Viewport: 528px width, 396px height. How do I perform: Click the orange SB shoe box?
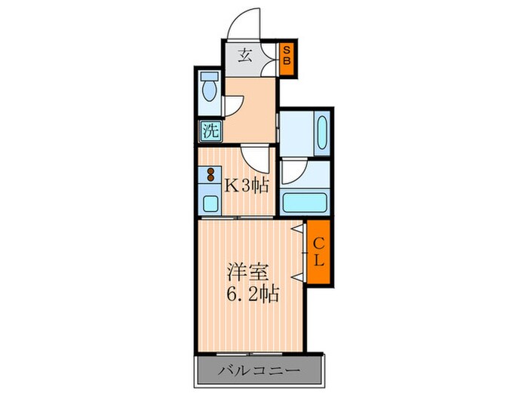click(287, 58)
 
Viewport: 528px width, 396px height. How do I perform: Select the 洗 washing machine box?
click(209, 130)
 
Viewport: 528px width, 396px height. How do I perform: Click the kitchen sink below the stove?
click(209, 201)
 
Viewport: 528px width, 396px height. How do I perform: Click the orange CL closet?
click(318, 253)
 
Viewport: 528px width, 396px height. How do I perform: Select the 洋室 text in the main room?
click(247, 270)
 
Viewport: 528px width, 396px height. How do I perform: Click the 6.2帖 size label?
click(250, 292)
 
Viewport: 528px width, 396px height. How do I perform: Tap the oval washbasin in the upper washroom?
click(320, 134)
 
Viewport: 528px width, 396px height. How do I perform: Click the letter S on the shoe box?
click(287, 51)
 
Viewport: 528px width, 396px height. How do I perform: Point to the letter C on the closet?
click(318, 244)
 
